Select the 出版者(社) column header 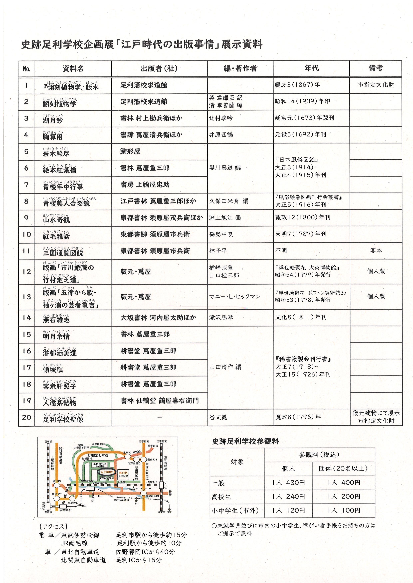159,68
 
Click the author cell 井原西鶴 221,135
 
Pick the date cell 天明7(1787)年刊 301,234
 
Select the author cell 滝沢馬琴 221,317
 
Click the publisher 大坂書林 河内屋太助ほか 158,317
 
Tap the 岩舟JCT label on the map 152,460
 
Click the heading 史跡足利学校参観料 245,442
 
